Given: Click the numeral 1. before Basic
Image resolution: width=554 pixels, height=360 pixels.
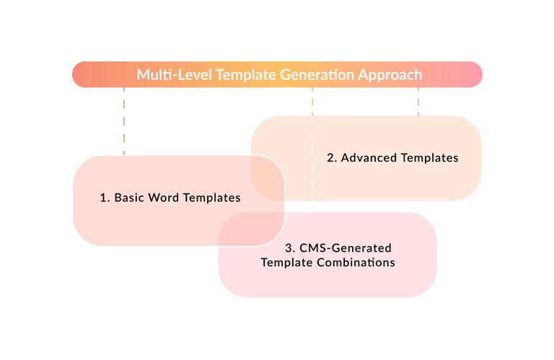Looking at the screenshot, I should [x=105, y=196].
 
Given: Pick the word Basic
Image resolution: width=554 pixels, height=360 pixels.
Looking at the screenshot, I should [x=130, y=196].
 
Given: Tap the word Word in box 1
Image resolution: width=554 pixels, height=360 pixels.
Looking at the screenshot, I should [x=165, y=196].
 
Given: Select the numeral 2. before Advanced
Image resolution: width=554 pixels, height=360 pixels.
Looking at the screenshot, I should [x=332, y=158].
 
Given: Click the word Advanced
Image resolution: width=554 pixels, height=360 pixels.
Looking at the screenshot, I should [x=369, y=158].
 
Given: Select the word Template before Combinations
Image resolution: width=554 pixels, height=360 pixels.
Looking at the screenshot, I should [x=286, y=263].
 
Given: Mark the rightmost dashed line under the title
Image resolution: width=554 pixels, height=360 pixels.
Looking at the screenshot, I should [x=418, y=102].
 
